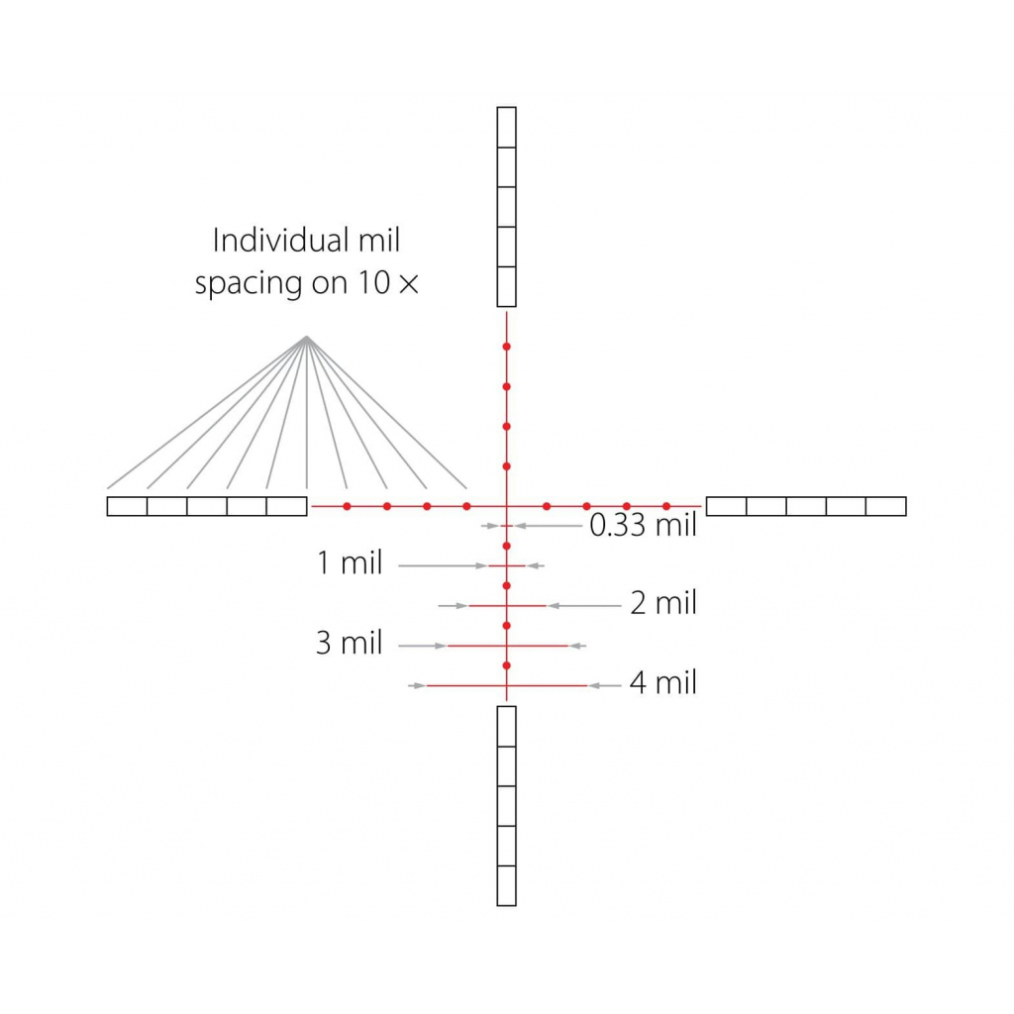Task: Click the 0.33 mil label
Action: [643, 525]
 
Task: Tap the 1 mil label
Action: [350, 562]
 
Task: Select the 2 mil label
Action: [663, 603]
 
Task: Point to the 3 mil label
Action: [350, 643]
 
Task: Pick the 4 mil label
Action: [663, 683]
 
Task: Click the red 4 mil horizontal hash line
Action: [507, 685]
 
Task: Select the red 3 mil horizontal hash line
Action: [507, 646]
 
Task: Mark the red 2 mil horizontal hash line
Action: [507, 606]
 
